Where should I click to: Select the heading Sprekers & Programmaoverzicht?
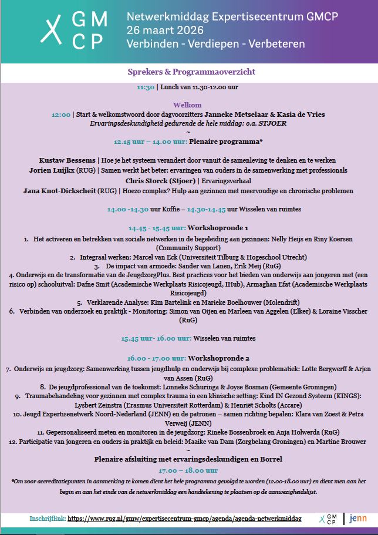pos(191,72)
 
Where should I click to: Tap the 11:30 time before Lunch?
pos(146,87)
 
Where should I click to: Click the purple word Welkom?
pos(191,105)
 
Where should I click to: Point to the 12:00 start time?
pos(61,115)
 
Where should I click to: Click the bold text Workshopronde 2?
pos(219,358)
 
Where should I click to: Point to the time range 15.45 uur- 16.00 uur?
pos(156,339)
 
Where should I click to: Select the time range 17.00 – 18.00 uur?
pos(188,470)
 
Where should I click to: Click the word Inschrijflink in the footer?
pos(48,519)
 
